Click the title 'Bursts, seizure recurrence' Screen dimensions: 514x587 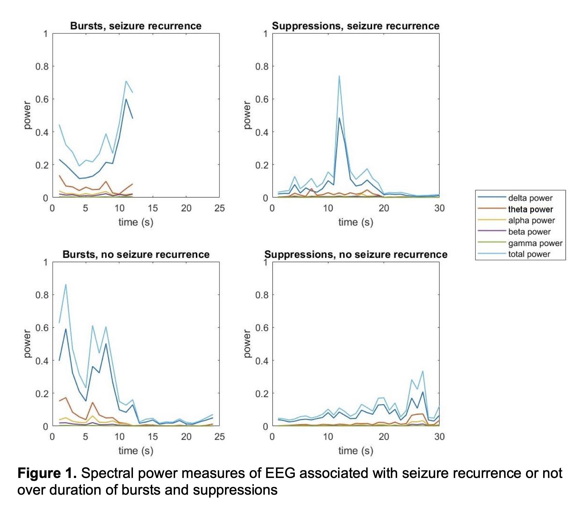coord(136,26)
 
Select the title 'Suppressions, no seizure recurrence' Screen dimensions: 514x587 coord(356,254)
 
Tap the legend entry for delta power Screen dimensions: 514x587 coord(530,198)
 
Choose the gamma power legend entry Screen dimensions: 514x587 coord(535,243)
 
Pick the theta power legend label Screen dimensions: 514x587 coord(530,209)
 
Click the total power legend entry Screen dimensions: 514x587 coord(529,254)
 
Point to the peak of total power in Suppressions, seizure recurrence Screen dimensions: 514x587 coord(339,76)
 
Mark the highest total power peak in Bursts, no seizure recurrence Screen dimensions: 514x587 coord(66,285)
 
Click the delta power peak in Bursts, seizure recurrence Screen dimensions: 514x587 coord(126,99)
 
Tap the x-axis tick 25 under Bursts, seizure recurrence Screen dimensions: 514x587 coord(220,208)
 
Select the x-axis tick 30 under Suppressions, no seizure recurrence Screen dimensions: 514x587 coord(439,437)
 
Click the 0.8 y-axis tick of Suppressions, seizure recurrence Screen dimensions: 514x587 coord(262,66)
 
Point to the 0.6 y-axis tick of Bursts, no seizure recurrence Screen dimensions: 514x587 coord(42,328)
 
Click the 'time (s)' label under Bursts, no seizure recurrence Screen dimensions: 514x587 coord(136,451)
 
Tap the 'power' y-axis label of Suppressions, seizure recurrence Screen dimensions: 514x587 coord(247,115)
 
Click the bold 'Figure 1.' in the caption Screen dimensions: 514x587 coord(47,473)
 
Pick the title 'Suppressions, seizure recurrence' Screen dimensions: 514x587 coord(356,26)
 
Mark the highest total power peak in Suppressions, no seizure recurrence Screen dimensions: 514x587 coord(423,371)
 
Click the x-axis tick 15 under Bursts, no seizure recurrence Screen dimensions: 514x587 coord(153,437)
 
